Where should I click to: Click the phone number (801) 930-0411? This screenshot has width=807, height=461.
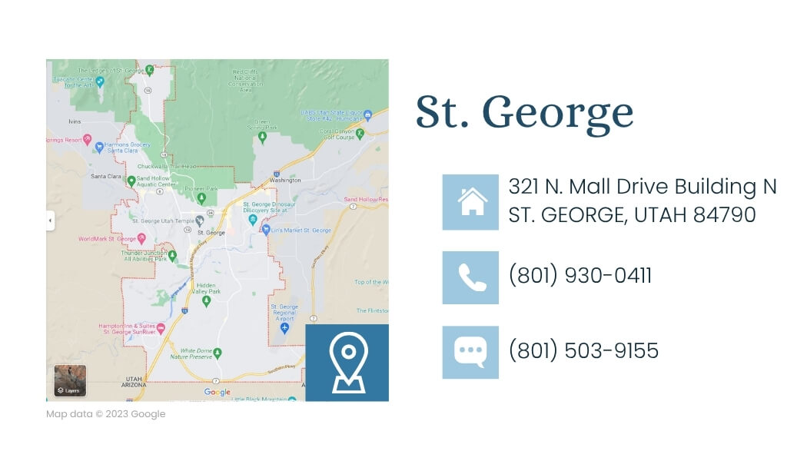click(580, 276)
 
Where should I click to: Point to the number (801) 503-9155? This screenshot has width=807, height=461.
click(583, 350)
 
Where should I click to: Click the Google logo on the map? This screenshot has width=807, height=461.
click(217, 393)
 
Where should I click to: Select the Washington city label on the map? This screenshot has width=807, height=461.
click(285, 181)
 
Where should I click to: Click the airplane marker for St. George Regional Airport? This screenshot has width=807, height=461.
click(284, 328)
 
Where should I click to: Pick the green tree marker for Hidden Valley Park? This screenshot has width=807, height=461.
click(206, 301)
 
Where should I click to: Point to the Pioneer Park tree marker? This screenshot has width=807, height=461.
click(201, 197)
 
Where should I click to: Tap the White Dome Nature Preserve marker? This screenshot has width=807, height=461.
click(218, 353)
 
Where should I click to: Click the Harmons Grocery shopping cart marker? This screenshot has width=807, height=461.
click(99, 146)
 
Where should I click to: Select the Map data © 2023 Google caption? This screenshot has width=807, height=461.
click(106, 414)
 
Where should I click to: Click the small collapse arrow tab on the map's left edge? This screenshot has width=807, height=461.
click(50, 221)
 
